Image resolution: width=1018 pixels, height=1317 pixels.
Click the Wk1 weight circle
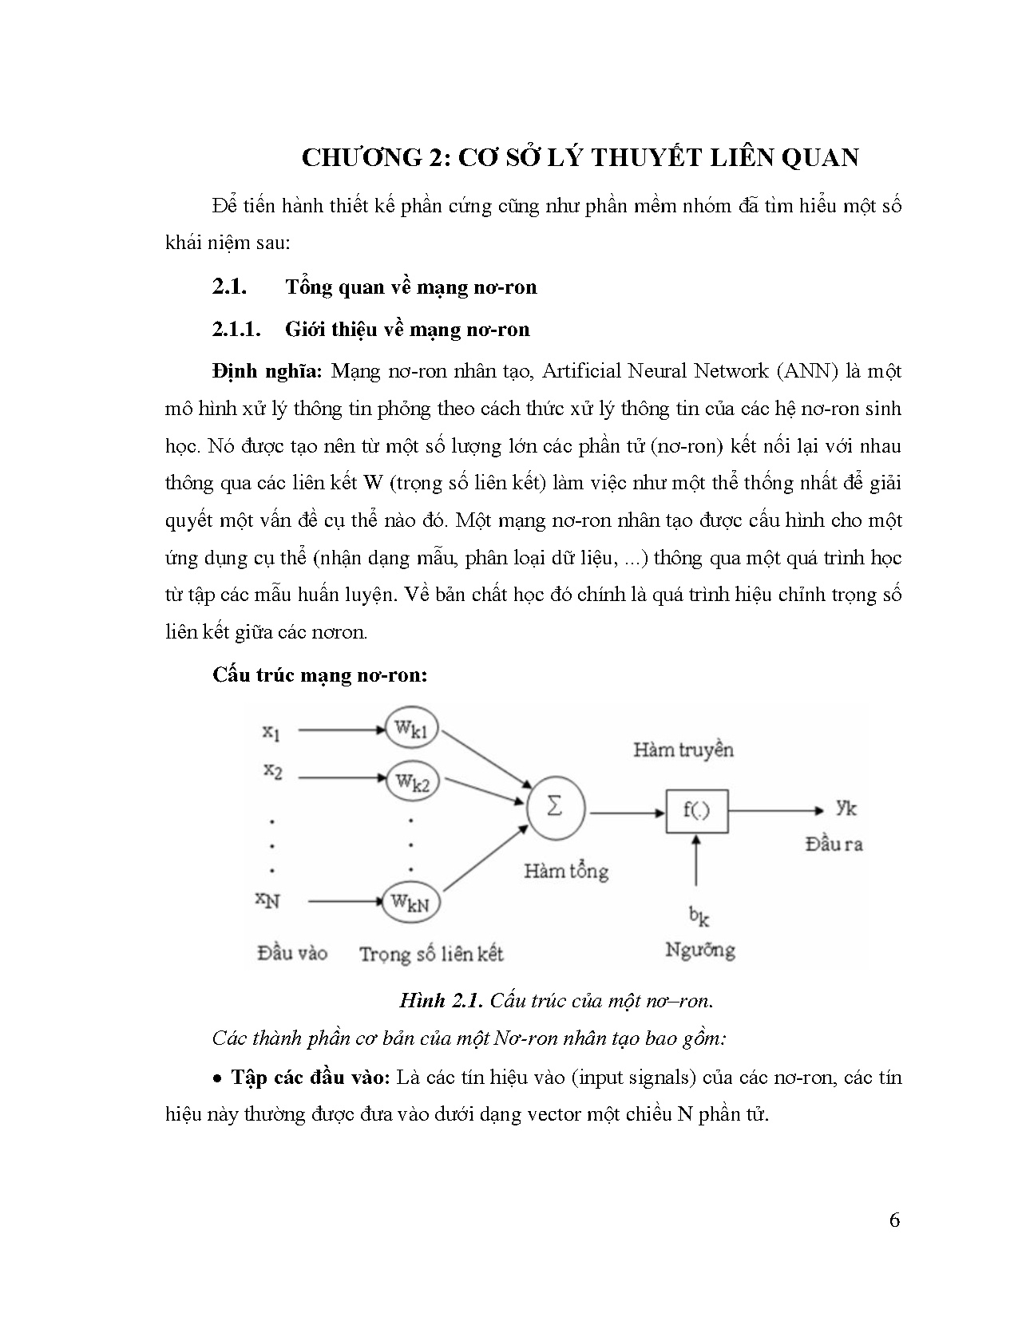tap(412, 727)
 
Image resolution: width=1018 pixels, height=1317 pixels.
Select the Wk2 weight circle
tap(412, 781)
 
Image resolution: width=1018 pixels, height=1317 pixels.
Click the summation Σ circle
tap(555, 808)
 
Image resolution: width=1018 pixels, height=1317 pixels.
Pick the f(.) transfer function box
tap(696, 810)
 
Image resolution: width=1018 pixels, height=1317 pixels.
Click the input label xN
tap(267, 900)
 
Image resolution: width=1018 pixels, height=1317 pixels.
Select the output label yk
tap(846, 808)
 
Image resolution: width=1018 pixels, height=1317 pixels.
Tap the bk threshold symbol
tap(699, 916)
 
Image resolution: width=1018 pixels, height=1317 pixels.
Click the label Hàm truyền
tap(683, 749)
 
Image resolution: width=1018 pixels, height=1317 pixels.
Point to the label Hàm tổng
tap(565, 870)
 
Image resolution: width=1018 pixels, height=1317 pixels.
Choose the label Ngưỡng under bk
tap(699, 950)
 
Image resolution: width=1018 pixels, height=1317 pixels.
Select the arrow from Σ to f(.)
tap(626, 813)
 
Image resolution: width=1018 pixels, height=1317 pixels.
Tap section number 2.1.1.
tap(237, 330)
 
